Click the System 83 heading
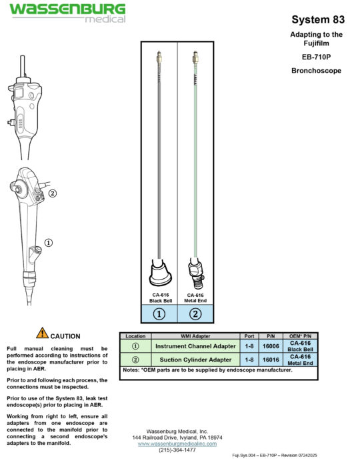pyautogui.click(x=318, y=19)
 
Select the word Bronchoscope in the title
pyautogui.click(x=317, y=69)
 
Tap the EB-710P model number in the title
pyautogui.click(x=317, y=57)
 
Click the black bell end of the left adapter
pyautogui.click(x=159, y=273)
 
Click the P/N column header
pyautogui.click(x=271, y=336)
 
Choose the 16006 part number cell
pyautogui.click(x=271, y=346)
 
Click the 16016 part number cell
pyautogui.click(x=271, y=360)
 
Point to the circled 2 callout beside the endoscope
pyautogui.click(x=52, y=194)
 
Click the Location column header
pyautogui.click(x=135, y=336)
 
